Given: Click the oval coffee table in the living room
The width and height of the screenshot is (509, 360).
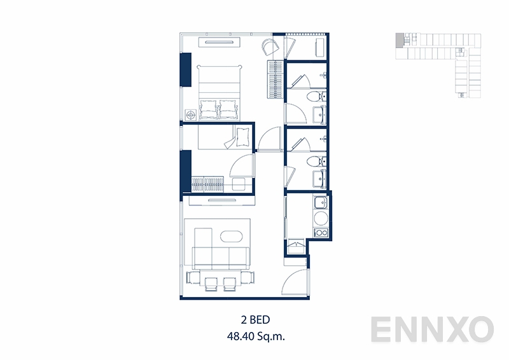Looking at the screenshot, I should click(x=232, y=237).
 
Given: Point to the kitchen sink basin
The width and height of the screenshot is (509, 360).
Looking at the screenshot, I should click(x=321, y=204).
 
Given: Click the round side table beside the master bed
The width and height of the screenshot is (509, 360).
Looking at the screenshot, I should click(x=191, y=114).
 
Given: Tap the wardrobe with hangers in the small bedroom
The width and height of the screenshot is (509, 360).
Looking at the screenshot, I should click(x=207, y=184).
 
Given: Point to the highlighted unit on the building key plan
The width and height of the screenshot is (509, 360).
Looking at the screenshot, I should click(x=399, y=39).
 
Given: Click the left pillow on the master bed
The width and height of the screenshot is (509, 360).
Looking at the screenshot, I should click(x=209, y=108).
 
